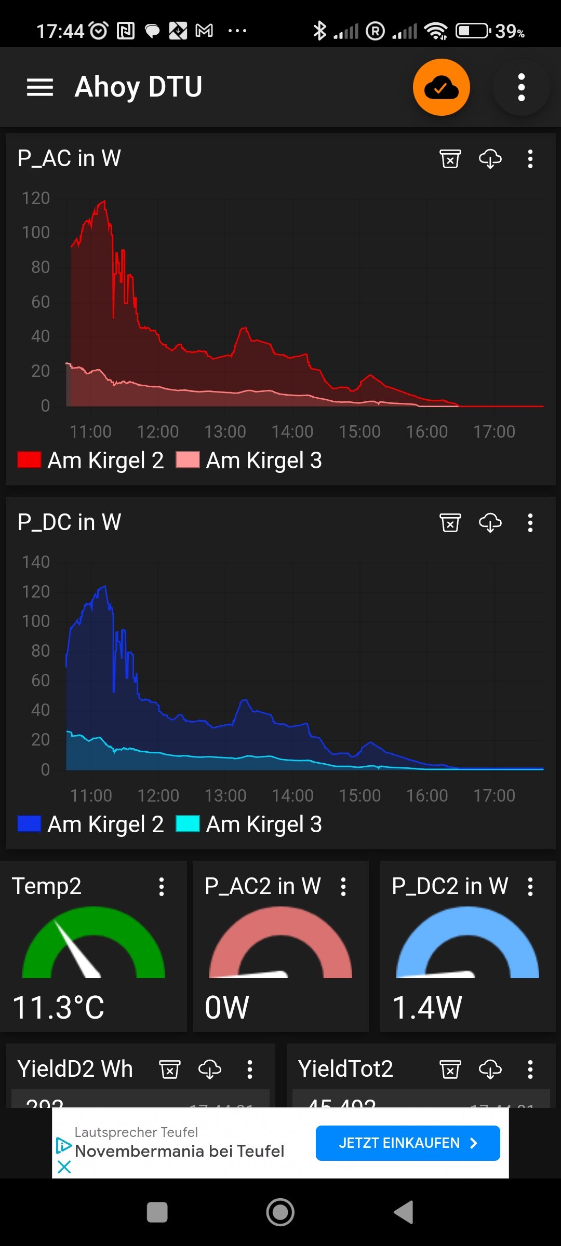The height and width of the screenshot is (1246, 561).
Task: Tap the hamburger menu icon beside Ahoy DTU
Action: pyautogui.click(x=40, y=87)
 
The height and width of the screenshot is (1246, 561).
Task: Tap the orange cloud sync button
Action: pyautogui.click(x=442, y=87)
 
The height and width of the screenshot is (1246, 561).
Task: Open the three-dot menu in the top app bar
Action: pyautogui.click(x=522, y=87)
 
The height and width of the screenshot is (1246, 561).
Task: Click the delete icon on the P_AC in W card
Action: pyautogui.click(x=450, y=158)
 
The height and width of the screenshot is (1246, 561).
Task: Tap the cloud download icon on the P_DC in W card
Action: pyautogui.click(x=490, y=522)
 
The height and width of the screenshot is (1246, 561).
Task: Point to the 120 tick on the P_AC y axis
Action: pyautogui.click(x=36, y=198)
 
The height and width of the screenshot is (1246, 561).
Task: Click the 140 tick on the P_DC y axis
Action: pyautogui.click(x=36, y=562)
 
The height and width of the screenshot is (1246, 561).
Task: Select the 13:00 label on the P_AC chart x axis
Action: pyautogui.click(x=225, y=431)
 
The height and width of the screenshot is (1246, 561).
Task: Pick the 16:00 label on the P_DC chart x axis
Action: pyautogui.click(x=426, y=795)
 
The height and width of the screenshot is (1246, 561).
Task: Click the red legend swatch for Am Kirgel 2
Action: pyautogui.click(x=29, y=460)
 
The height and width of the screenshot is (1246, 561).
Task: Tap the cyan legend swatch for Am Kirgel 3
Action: pyautogui.click(x=188, y=824)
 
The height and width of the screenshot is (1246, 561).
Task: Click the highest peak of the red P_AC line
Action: pyautogui.click(x=104, y=201)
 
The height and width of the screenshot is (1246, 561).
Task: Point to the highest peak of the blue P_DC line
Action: pyautogui.click(x=105, y=586)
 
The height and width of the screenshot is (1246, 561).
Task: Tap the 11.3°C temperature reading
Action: pyautogui.click(x=58, y=1008)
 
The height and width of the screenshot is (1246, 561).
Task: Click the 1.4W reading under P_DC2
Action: pyautogui.click(x=427, y=1008)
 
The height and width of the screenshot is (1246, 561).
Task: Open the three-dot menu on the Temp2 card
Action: pyautogui.click(x=162, y=887)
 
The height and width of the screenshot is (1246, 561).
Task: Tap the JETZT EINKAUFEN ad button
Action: pyautogui.click(x=408, y=1143)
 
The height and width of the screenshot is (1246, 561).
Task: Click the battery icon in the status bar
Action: pyautogui.click(x=473, y=31)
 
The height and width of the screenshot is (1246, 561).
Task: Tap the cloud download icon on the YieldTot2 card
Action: pyautogui.click(x=490, y=1069)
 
